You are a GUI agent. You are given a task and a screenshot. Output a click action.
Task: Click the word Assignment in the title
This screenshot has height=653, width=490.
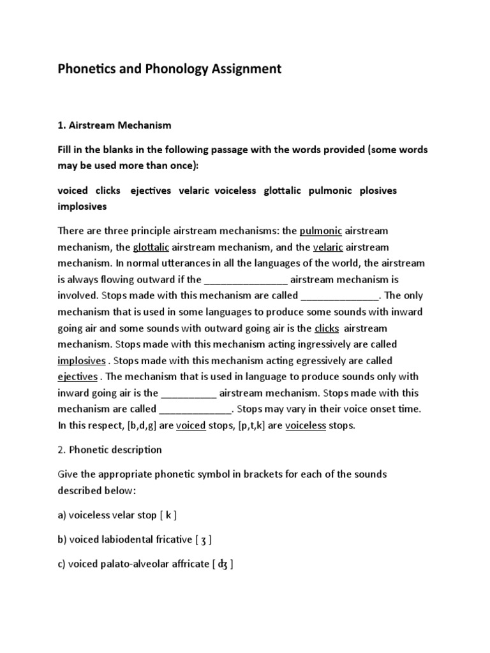click(243, 69)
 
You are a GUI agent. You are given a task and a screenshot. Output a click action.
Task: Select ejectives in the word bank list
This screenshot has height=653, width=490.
click(151, 191)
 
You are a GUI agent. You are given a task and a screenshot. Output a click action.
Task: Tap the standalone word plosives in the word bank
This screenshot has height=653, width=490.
click(378, 191)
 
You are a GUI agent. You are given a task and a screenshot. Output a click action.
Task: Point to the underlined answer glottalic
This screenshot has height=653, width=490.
click(151, 247)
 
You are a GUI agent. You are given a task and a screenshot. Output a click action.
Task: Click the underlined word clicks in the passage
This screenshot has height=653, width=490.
click(327, 328)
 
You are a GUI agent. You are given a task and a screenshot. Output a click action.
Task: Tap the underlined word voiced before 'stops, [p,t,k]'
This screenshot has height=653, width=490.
click(190, 425)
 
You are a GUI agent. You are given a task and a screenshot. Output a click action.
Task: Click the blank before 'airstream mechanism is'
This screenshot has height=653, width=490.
click(246, 280)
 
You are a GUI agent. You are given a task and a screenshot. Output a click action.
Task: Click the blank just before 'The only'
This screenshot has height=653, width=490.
click(340, 296)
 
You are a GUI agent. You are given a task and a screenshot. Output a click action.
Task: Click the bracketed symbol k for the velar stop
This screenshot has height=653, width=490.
click(168, 515)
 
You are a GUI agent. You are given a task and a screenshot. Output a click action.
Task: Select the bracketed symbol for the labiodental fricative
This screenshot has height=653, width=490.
click(202, 539)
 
